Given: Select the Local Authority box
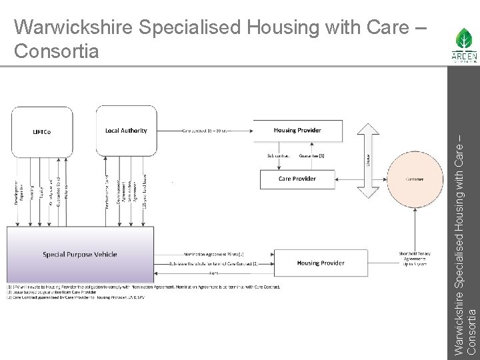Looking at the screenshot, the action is (126, 131).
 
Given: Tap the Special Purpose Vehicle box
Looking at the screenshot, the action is (80, 254).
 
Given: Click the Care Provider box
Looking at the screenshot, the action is (297, 179).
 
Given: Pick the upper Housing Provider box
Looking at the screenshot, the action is (297, 131).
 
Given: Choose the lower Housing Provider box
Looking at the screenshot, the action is (321, 263).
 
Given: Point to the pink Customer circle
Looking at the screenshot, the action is (414, 179).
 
